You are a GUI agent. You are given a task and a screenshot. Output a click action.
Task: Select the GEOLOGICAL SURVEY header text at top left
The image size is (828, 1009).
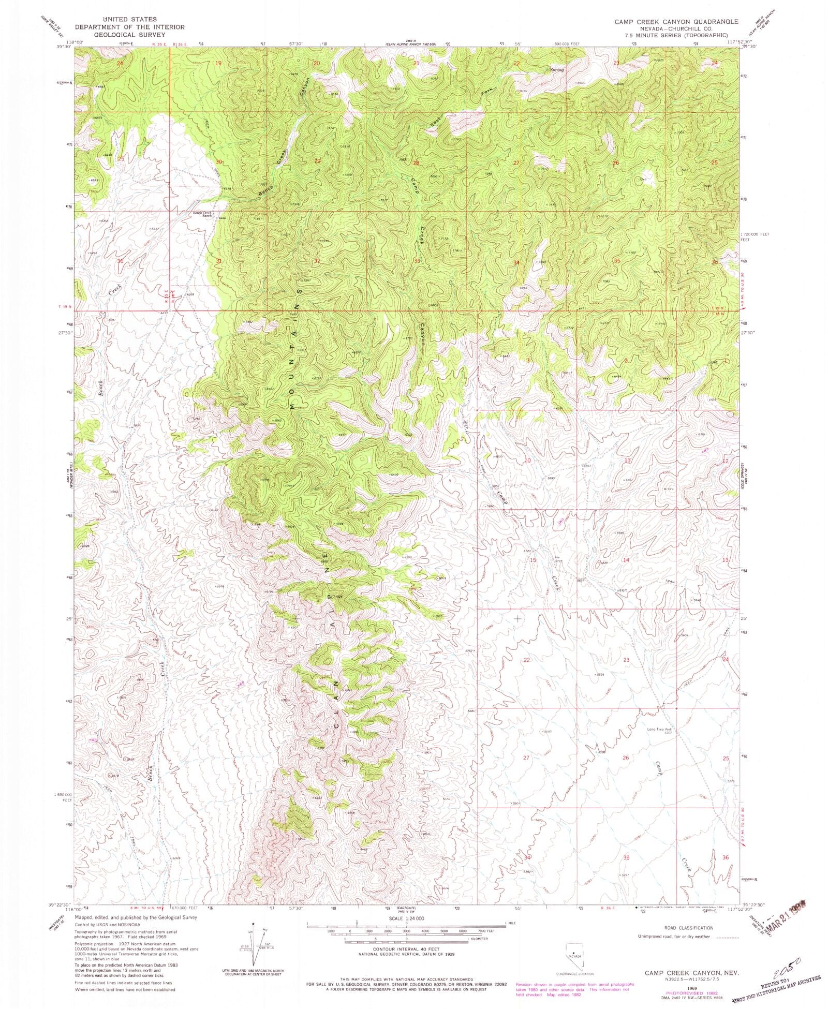point(114,35)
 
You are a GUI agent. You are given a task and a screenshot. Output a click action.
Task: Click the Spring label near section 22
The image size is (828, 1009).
point(557,69)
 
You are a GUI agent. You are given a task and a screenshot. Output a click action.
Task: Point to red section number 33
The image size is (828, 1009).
point(417,261)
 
